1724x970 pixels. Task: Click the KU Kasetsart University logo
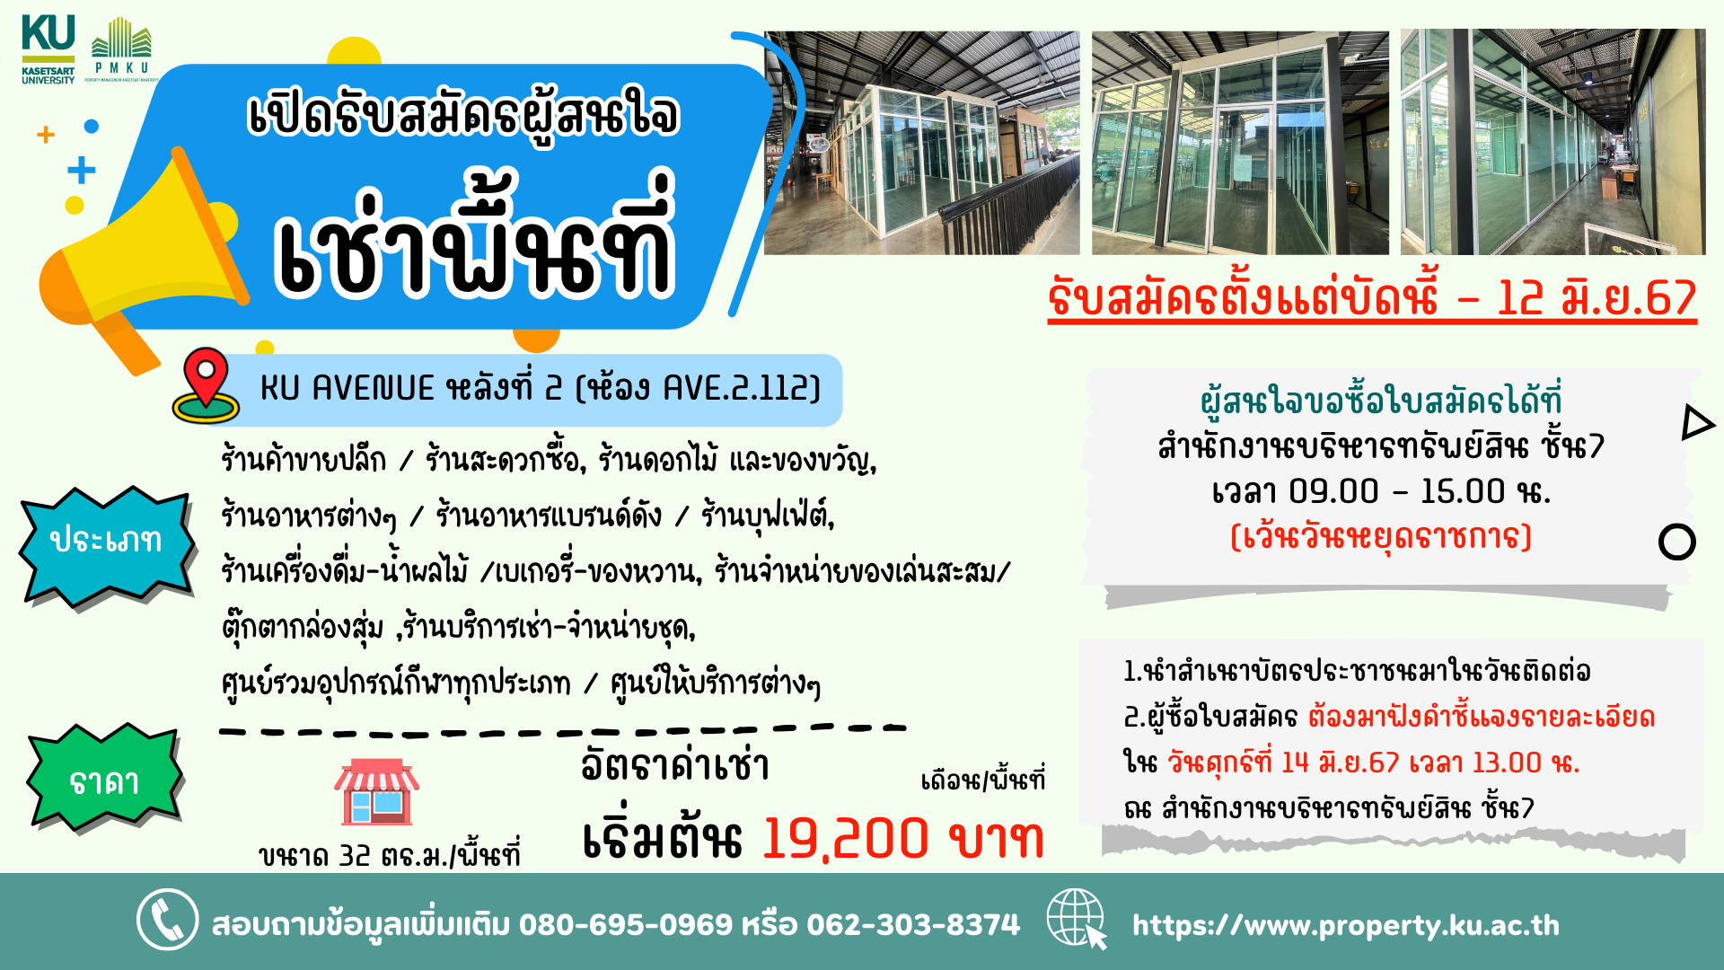[48, 49]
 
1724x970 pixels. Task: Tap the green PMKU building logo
[122, 48]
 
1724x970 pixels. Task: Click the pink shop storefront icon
[377, 792]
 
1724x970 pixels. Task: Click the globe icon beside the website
[1077, 918]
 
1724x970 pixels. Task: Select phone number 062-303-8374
[913, 924]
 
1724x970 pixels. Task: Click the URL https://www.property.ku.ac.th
[1345, 925]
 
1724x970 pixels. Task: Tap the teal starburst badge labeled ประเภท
[106, 542]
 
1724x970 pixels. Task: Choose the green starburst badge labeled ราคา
[105, 780]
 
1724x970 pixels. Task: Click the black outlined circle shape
[1676, 542]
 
